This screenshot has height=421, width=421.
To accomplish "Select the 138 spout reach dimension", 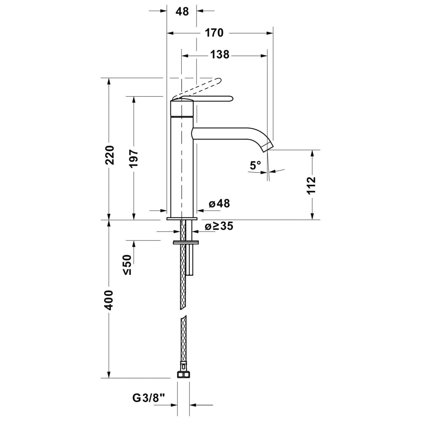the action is (220, 55).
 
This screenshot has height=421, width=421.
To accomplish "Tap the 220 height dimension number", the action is (109, 155).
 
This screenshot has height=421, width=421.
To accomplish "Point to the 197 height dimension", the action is (134, 159).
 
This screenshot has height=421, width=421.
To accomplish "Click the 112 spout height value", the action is (311, 185).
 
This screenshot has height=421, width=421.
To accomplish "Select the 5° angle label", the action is (255, 165).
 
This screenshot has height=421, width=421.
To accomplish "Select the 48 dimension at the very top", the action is (182, 11).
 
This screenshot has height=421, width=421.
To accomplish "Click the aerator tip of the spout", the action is (268, 147).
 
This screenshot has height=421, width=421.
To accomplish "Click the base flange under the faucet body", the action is (182, 219).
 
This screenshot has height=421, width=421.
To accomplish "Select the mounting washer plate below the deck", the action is (186, 242).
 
